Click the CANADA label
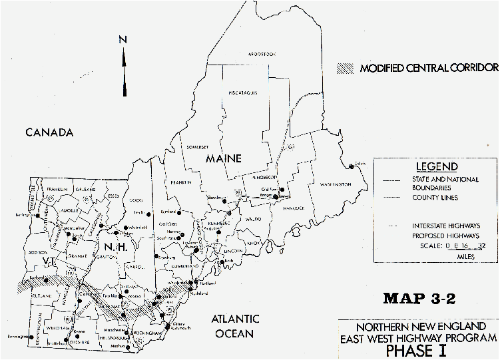pos(49,132)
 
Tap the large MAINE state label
pos(223,158)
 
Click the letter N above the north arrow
pos(123,41)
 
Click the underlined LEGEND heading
pos(436,166)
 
